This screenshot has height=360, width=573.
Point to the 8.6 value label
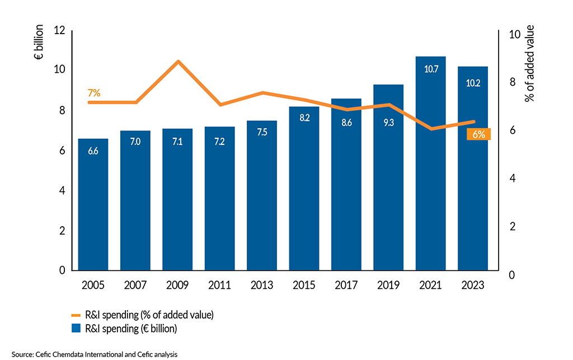pos(346,123)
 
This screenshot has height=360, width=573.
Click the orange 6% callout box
pos(479,134)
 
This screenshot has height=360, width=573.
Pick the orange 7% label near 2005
pos(93,93)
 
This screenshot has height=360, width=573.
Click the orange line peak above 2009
pos(178,61)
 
